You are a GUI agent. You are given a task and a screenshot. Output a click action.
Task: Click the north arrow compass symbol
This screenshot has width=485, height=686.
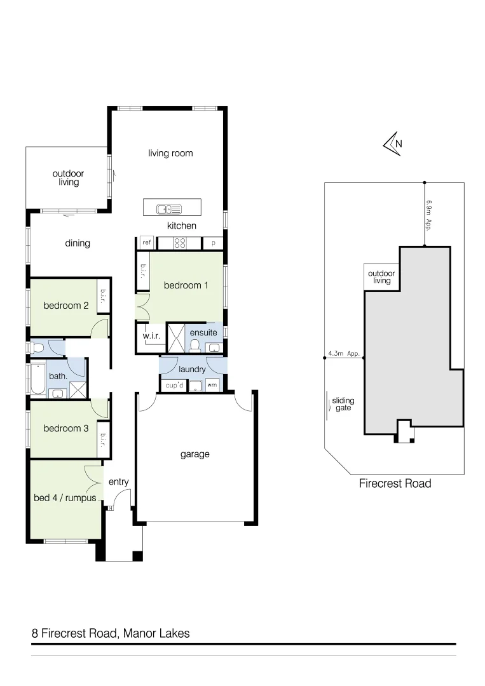point(392,144)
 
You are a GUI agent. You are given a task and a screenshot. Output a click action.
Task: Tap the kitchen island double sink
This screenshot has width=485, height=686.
point(170,208)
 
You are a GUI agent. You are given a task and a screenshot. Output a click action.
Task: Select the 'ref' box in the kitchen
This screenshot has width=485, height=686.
point(146,243)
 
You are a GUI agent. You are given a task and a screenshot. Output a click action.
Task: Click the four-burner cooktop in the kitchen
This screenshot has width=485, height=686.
point(179,243)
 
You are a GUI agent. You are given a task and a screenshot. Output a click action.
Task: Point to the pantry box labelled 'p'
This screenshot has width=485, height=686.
point(213,243)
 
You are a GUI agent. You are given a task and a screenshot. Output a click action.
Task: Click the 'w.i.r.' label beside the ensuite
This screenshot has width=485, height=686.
point(150,335)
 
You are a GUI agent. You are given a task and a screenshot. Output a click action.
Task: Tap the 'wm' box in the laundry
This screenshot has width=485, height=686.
point(212,385)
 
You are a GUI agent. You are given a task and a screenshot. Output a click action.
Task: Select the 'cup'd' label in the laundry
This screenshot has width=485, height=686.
point(174,385)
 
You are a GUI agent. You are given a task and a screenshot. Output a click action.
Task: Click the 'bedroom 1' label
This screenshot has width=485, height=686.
point(186,285)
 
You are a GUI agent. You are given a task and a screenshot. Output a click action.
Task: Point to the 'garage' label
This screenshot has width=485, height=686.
point(195,454)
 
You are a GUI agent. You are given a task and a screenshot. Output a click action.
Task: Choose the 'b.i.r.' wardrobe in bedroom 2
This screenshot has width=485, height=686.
point(103,295)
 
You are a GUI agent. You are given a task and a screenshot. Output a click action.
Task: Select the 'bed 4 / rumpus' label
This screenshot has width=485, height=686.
point(65,498)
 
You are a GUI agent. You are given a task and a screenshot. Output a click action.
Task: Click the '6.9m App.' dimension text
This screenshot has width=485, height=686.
point(430,215)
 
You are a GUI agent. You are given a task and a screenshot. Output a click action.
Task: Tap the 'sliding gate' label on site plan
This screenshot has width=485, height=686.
point(343,405)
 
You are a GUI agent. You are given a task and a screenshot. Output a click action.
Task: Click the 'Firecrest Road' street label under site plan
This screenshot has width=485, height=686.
point(395,483)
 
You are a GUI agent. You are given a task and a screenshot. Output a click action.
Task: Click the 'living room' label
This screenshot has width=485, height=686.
point(170,153)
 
